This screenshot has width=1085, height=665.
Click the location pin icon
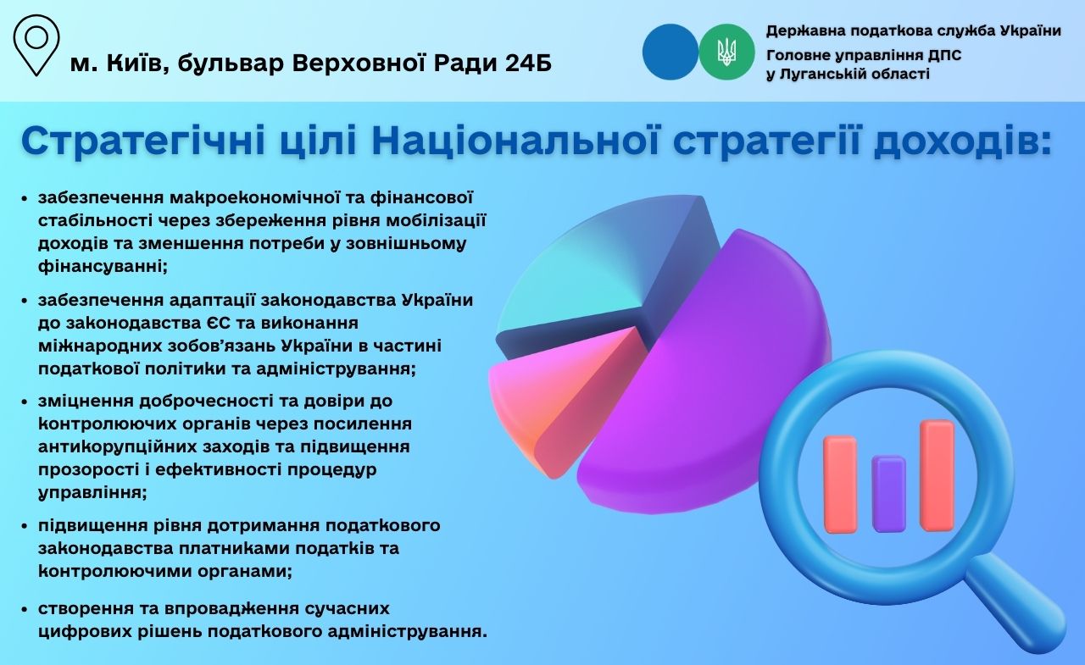[36, 45]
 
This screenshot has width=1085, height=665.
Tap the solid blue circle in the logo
[670, 52]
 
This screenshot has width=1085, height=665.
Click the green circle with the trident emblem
[726, 52]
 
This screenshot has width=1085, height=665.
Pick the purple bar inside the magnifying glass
[888, 494]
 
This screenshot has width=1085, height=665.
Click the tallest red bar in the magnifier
[937, 475]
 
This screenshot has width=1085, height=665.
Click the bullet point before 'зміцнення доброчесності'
[24, 402]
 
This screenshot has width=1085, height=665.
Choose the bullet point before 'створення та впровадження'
[24, 610]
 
